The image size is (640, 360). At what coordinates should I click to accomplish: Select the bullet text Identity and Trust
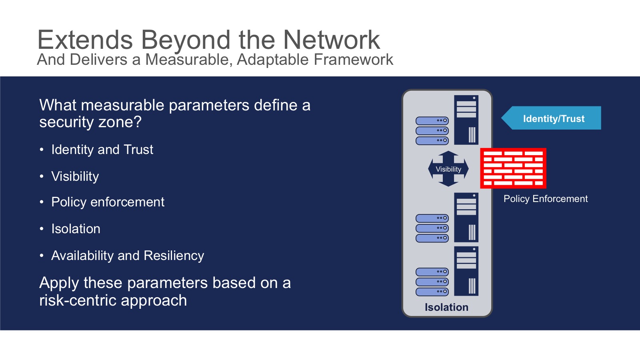[x=102, y=150]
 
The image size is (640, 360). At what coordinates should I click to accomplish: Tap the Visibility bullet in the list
[x=75, y=176]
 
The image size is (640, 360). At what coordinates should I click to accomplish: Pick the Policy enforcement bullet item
[x=108, y=202]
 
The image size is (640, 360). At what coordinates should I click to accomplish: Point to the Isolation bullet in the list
[x=76, y=229]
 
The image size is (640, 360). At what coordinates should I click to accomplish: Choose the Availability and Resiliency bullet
[x=128, y=256]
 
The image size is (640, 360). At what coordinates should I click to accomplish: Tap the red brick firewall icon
[x=513, y=168]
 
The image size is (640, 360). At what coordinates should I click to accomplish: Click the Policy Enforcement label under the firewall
[x=546, y=199]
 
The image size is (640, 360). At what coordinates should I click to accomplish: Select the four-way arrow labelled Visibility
[x=448, y=169]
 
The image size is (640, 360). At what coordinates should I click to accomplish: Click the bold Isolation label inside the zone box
[x=446, y=307]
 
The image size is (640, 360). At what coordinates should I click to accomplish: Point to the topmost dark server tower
[x=466, y=120]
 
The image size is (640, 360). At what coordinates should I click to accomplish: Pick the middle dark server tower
[x=466, y=217]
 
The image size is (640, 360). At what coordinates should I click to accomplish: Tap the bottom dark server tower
[x=466, y=271]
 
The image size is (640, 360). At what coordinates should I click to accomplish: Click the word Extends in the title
[x=85, y=40]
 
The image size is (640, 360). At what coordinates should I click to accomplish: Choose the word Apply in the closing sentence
[x=59, y=283]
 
